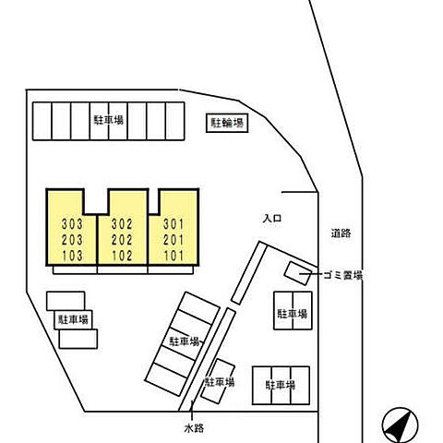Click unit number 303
tap(72, 224)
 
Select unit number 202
tap(122, 240)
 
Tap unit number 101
tap(174, 256)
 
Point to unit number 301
tap(174, 224)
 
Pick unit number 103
tap(72, 256)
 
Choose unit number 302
tap(122, 224)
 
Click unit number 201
tap(174, 240)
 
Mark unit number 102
tap(122, 256)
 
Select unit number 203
tap(72, 240)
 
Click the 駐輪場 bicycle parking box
tap(227, 124)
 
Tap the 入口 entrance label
tap(272, 219)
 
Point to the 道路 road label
tap(341, 233)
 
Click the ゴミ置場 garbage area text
tap(342, 275)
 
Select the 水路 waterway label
tap(194, 428)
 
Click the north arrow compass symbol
tap(400, 425)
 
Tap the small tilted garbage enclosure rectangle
tap(298, 273)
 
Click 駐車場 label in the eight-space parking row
tap(109, 120)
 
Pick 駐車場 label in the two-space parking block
tap(293, 314)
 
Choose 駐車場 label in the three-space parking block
tap(281, 385)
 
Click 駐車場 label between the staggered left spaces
tap(74, 319)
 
